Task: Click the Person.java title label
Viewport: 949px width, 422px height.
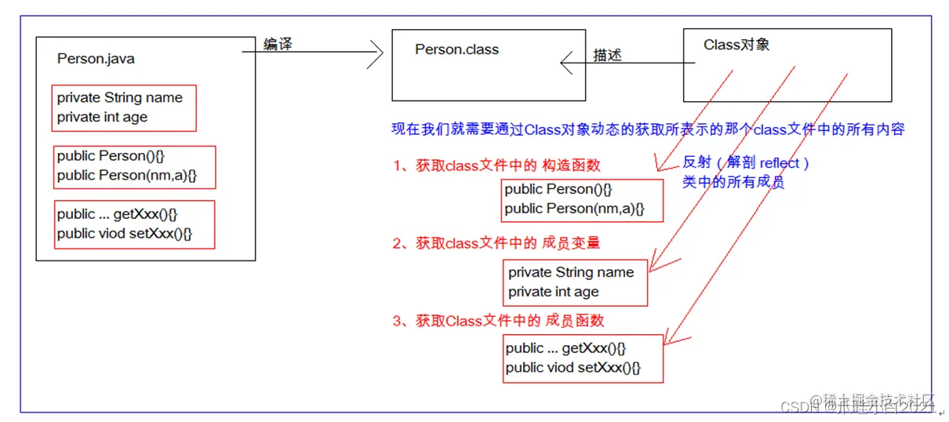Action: point(96,59)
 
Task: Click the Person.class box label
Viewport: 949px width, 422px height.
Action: point(456,49)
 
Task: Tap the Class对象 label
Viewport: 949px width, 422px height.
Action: point(736,45)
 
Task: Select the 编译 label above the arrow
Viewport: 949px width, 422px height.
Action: point(278,45)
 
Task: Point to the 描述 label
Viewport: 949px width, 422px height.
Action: point(608,55)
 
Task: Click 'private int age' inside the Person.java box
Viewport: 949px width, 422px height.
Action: point(102,118)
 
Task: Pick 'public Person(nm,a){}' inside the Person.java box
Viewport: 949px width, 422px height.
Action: point(126,176)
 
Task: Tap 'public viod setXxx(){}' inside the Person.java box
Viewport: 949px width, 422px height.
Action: point(124,234)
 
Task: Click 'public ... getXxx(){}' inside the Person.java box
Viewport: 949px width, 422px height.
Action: point(122,214)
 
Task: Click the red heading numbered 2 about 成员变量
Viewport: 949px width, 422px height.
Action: point(497,243)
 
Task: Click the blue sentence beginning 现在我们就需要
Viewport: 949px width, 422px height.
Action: point(648,129)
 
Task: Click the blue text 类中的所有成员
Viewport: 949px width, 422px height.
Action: point(733,183)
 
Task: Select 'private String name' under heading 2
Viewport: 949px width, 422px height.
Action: point(571,272)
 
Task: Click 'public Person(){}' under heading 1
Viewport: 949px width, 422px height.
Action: point(558,189)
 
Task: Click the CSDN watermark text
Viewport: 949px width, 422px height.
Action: point(798,407)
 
